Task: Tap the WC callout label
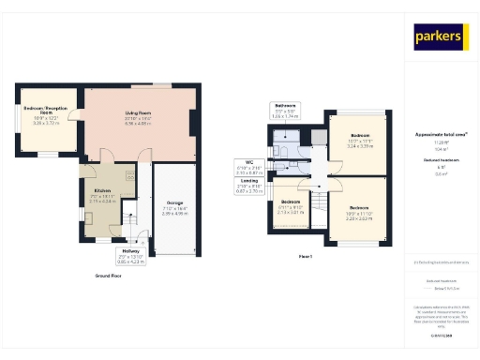(x=248, y=168)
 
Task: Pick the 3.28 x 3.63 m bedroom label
(x=360, y=211)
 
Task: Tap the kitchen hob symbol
(x=128, y=175)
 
